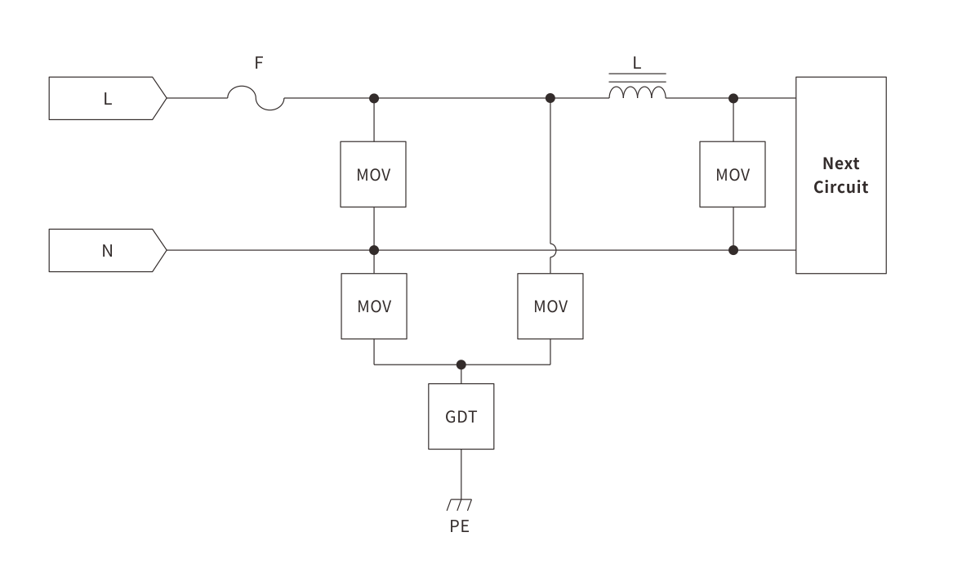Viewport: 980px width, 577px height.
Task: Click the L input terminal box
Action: point(107,98)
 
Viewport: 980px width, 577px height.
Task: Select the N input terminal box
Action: point(107,250)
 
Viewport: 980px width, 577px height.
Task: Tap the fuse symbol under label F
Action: point(256,98)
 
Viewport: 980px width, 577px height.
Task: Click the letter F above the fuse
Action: point(259,63)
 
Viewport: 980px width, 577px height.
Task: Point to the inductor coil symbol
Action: point(637,92)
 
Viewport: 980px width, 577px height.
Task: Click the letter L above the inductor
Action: point(637,62)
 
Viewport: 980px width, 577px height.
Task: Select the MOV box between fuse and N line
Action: point(373,174)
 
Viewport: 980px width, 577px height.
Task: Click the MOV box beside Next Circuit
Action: point(733,174)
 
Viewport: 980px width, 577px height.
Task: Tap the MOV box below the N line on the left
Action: point(374,306)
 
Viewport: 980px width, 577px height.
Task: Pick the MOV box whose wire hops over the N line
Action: point(550,306)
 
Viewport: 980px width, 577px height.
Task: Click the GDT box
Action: point(461,416)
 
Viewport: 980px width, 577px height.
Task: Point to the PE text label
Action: point(460,526)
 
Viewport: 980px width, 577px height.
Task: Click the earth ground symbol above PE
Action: point(461,504)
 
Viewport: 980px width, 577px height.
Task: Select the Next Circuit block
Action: point(841,175)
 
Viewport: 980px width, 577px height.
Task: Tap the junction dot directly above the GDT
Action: point(461,365)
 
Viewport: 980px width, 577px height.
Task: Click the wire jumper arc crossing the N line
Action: point(553,249)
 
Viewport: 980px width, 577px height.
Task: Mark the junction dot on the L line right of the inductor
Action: point(733,98)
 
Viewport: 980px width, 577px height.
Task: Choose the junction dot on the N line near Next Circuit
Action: point(733,249)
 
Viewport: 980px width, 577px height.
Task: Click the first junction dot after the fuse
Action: point(374,98)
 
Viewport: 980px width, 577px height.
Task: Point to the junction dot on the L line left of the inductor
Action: point(550,98)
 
